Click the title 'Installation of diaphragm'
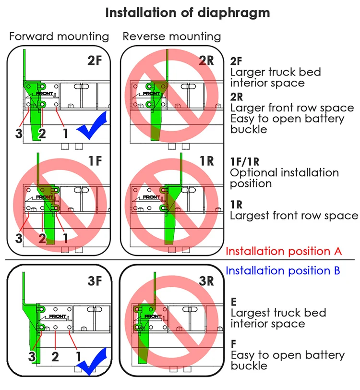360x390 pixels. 187,12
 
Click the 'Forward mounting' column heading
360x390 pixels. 59,37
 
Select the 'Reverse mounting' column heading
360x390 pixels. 172,37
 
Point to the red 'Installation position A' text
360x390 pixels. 283,251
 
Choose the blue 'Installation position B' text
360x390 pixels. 283,271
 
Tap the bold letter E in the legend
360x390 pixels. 234,302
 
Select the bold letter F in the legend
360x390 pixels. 233,344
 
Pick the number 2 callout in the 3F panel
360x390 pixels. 56,356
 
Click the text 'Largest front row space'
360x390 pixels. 294,216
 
